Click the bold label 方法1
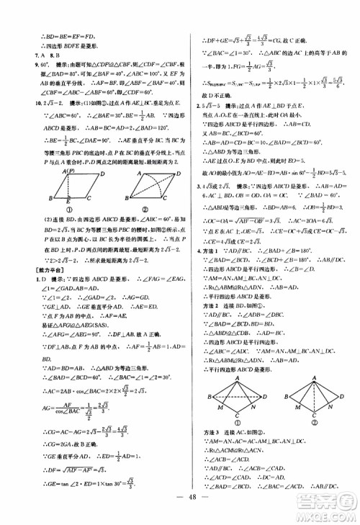(x=207, y=248)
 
